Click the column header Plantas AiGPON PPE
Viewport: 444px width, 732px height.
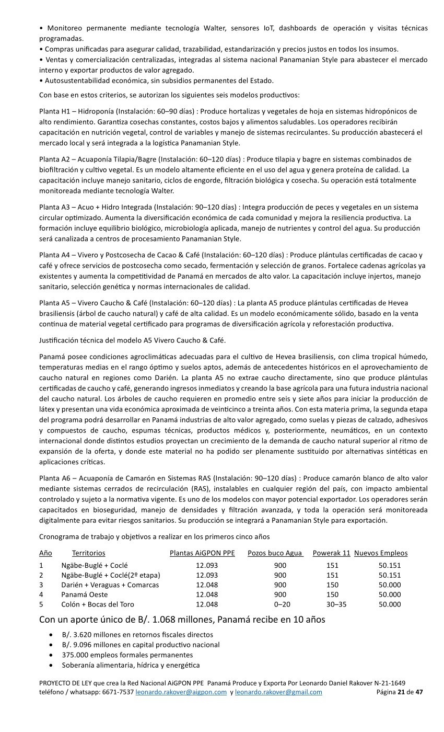(202, 553)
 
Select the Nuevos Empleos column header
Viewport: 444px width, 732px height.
(381, 553)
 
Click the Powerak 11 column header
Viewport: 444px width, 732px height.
(331, 553)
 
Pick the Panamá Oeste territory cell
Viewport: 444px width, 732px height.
(84, 594)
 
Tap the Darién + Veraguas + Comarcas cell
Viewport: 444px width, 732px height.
(110, 585)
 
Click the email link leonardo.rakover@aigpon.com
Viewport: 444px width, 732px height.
(181, 692)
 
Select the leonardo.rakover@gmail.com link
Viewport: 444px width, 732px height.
(278, 692)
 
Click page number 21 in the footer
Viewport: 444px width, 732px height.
(401, 692)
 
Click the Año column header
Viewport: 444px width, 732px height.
(45, 553)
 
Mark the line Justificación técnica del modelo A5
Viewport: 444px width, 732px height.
(133, 341)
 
